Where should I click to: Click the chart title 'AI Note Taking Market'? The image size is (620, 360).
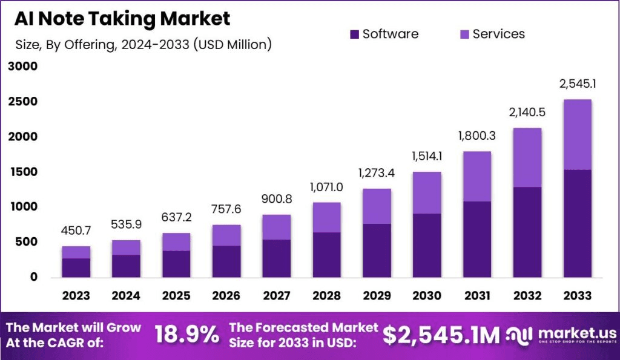pos(122,19)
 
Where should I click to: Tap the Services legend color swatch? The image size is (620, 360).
pos(464,34)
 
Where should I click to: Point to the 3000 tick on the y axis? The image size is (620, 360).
pos(23,67)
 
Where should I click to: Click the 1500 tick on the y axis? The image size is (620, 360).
pos(23,172)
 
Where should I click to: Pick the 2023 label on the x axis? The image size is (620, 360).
pos(76,296)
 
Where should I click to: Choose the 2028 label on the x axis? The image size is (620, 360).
pos(328,296)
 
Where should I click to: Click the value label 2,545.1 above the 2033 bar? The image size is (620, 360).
pos(578,85)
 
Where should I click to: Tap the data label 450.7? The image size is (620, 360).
pos(76,231)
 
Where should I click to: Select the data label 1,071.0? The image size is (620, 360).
pos(328,187)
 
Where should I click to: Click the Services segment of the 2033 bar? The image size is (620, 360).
pos(578,134)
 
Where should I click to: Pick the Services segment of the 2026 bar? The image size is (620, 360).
pos(226,235)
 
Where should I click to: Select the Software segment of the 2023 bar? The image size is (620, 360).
pos(76,267)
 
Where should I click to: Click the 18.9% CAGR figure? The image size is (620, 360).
pos(187,334)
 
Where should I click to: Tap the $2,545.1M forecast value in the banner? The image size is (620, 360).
pos(441,334)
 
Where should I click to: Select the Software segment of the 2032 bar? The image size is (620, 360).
pos(527,232)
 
